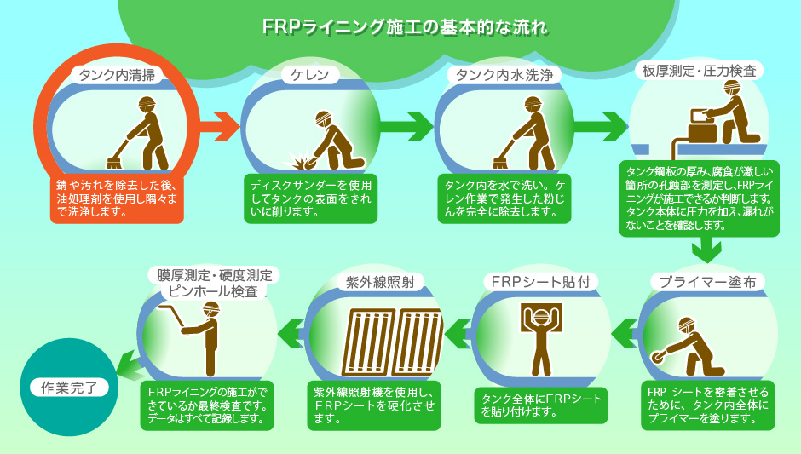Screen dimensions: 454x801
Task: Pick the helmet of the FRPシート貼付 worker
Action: pos(539,316)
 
